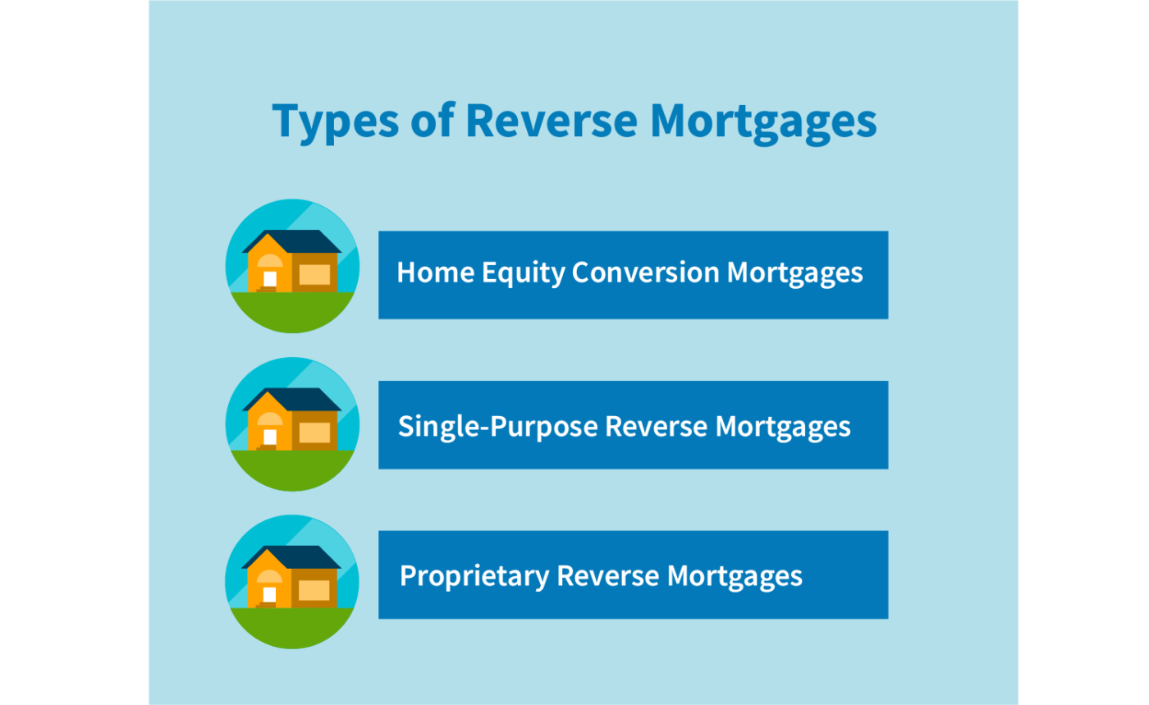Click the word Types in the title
point(336,122)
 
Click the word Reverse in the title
point(552,121)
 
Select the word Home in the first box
point(436,272)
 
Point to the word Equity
point(523,273)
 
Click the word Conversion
point(646,272)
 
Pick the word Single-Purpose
point(498,427)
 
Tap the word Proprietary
point(474,577)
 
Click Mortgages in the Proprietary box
point(735,577)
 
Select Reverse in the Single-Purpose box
point(656,426)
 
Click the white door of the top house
point(270,279)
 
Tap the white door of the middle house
point(270,437)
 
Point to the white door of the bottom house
point(269,595)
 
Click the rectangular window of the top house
point(314,274)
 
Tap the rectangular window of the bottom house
point(314,590)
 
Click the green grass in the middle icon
point(292,469)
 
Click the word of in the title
point(433,120)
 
